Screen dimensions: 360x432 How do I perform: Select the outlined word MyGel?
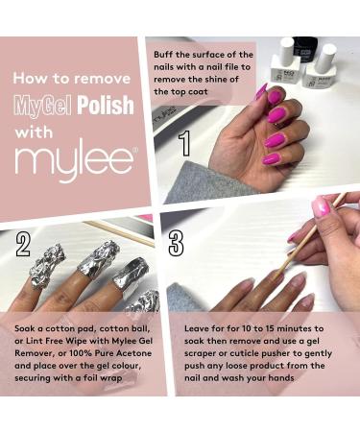tap(42, 106)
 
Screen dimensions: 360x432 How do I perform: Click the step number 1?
tap(184, 143)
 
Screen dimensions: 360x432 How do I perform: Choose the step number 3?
tap(177, 243)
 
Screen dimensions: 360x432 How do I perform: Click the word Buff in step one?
tap(163, 55)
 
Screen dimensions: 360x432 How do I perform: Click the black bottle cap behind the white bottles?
tap(304, 46)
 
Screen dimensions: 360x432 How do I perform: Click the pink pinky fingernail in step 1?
tap(271, 158)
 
